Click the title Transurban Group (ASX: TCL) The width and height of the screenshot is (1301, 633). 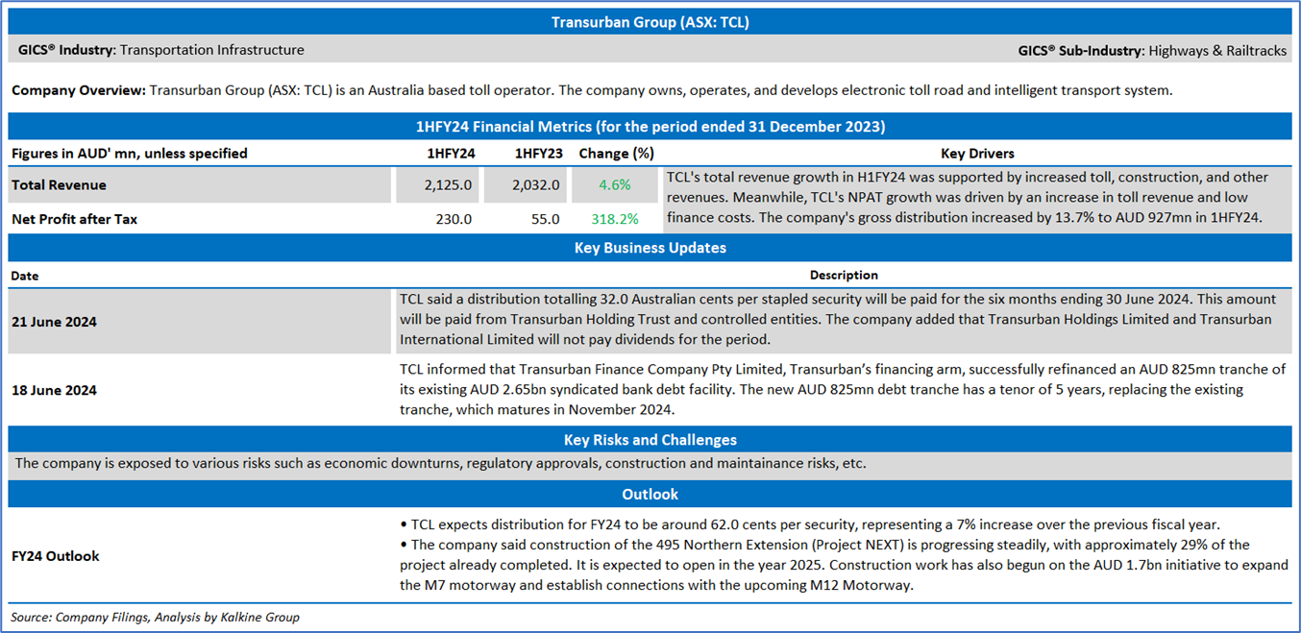(650, 22)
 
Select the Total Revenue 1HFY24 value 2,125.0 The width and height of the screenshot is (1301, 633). (448, 184)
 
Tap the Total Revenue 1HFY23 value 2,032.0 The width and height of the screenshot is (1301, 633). (535, 184)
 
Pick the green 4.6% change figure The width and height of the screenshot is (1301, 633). (615, 184)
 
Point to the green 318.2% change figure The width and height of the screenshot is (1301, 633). (615, 219)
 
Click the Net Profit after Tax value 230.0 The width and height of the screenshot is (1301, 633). (454, 219)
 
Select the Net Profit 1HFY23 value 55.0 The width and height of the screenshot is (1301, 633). (546, 219)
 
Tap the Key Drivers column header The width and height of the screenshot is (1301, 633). (977, 154)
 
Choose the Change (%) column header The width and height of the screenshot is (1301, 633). (616, 154)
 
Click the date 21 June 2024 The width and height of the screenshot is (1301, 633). (54, 322)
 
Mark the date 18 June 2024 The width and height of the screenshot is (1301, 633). (54, 390)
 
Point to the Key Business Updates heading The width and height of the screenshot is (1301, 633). (650, 248)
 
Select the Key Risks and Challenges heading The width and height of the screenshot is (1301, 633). (650, 440)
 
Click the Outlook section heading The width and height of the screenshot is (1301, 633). (650, 495)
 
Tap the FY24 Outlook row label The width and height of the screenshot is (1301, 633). (55, 556)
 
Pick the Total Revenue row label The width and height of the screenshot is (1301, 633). (59, 184)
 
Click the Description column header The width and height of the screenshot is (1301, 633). (844, 275)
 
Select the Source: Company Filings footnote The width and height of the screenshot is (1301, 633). (155, 617)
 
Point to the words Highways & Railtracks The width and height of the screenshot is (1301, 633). (1217, 51)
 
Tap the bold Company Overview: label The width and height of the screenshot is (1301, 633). (79, 90)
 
